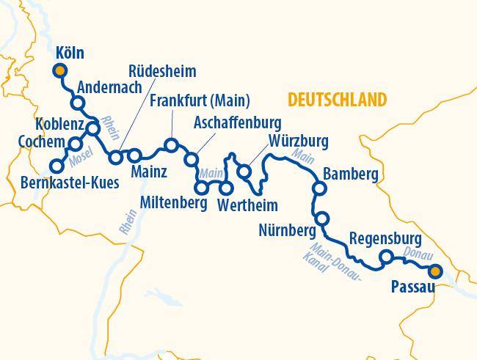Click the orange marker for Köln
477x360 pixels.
click(x=60, y=70)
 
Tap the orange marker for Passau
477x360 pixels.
click(x=436, y=272)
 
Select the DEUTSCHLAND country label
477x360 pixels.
click(x=337, y=100)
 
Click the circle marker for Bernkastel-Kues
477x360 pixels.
click(x=56, y=166)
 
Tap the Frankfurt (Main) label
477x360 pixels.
click(x=200, y=100)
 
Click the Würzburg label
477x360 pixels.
click(x=298, y=140)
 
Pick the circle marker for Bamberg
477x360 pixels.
click(x=319, y=188)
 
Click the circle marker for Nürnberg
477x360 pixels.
click(x=321, y=218)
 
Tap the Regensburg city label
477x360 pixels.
click(x=385, y=238)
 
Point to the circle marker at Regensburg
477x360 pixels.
click(x=386, y=257)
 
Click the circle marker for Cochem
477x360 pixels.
click(x=75, y=143)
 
